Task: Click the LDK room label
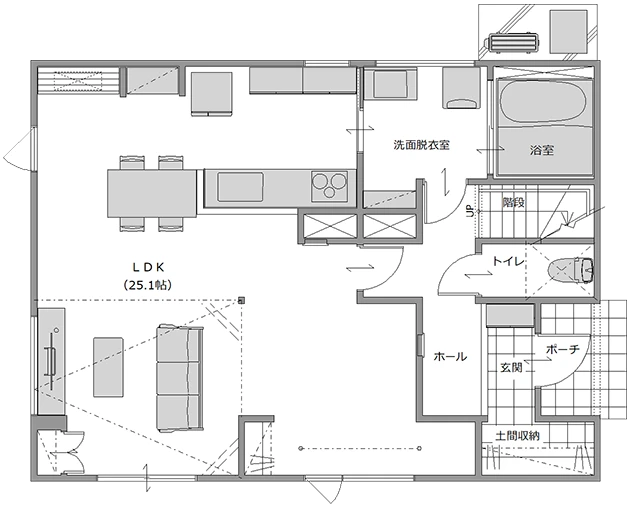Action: pyautogui.click(x=149, y=267)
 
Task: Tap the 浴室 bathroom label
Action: pyautogui.click(x=542, y=150)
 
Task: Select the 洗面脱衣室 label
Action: pyautogui.click(x=421, y=145)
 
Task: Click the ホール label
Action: pyautogui.click(x=450, y=356)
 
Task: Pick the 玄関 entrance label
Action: pyautogui.click(x=511, y=367)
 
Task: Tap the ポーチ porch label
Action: pyautogui.click(x=562, y=350)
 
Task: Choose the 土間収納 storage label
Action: pyautogui.click(x=518, y=436)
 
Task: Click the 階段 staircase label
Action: pyautogui.click(x=513, y=202)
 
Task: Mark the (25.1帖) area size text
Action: pyautogui.click(x=148, y=285)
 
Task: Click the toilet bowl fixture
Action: pyautogui.click(x=571, y=270)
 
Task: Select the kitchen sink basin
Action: pyautogui.click(x=241, y=187)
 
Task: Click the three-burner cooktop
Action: pyautogui.click(x=329, y=186)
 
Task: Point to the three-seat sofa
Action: pyautogui.click(x=180, y=379)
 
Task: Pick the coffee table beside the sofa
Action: pyautogui.click(x=108, y=367)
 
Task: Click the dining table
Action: pyautogui.click(x=152, y=193)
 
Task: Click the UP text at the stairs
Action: pyautogui.click(x=469, y=211)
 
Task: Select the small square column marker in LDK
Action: pyautogui.click(x=241, y=300)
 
